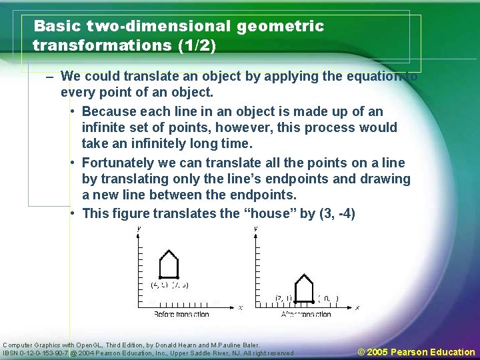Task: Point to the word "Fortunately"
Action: click(x=121, y=163)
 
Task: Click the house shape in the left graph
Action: click(x=169, y=265)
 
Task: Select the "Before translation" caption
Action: click(x=181, y=314)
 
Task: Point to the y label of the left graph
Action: click(x=139, y=229)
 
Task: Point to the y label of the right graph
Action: click(x=256, y=229)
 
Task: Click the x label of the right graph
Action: click(x=357, y=307)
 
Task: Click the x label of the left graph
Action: click(x=240, y=307)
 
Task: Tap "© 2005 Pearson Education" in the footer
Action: click(x=416, y=352)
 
